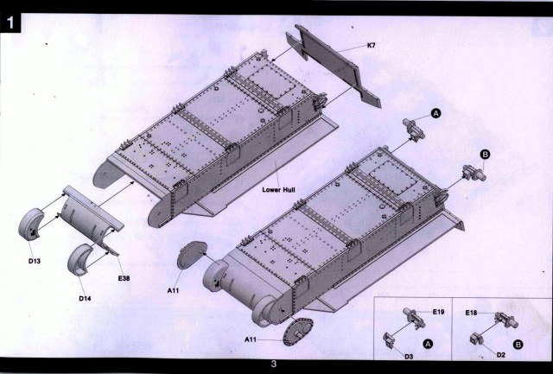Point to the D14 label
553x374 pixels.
[x=85, y=298]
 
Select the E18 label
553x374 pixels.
[x=472, y=312]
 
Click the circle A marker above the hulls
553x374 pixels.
[x=436, y=114]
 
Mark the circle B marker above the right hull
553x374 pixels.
[x=485, y=154]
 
